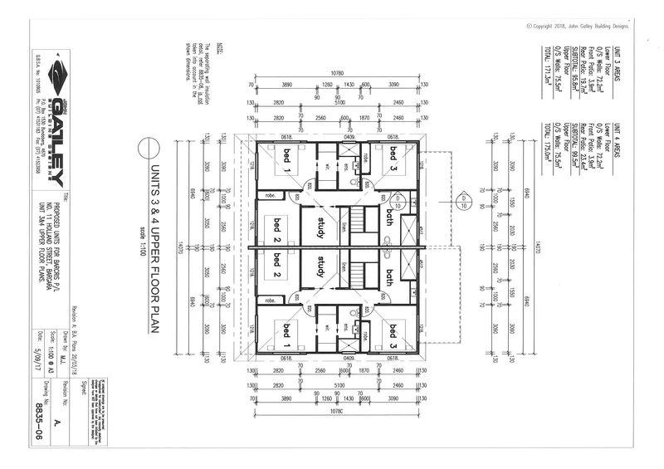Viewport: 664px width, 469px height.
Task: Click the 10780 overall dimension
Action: pos(337,73)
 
